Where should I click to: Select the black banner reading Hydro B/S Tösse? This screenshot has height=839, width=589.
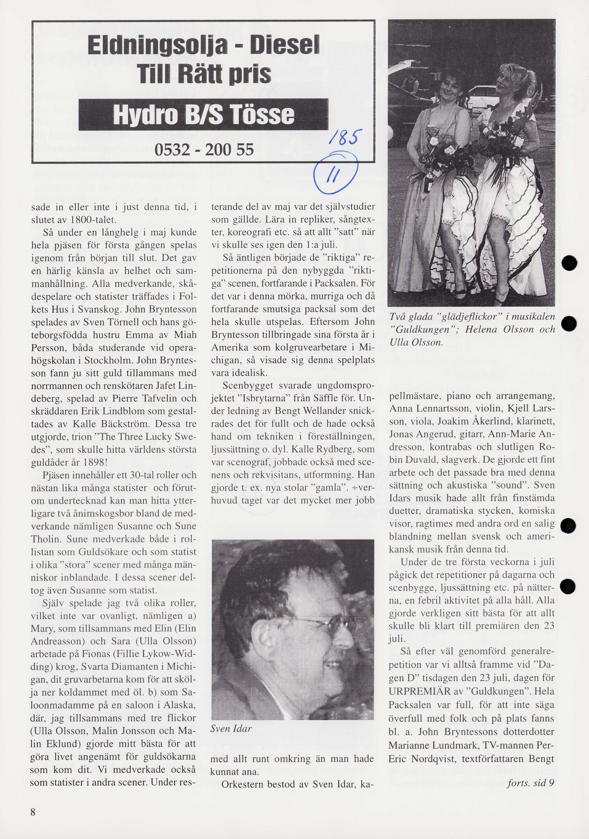[x=204, y=115]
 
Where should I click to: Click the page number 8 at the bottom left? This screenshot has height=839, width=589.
[x=33, y=812]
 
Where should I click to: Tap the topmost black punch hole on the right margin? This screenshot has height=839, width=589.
[x=569, y=263]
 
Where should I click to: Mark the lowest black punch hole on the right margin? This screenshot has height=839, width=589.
[x=567, y=587]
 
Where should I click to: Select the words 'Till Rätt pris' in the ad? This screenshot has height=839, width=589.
[x=204, y=74]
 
